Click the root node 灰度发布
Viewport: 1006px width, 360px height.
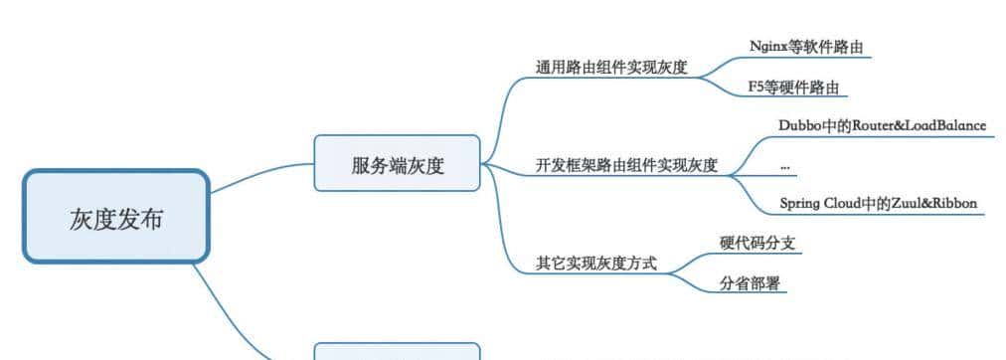click(x=116, y=217)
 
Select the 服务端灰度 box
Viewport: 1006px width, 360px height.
click(x=397, y=163)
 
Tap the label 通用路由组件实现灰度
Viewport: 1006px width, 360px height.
click(x=611, y=69)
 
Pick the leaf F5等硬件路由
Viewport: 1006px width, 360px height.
click(x=793, y=88)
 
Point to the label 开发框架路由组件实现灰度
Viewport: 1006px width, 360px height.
click(x=626, y=165)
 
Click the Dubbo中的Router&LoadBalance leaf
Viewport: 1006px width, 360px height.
click(x=883, y=125)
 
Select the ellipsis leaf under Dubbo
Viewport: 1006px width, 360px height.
click(x=785, y=165)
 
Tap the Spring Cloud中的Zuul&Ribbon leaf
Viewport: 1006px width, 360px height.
click(x=879, y=203)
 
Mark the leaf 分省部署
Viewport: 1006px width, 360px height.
click(x=750, y=284)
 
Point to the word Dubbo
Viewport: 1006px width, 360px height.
click(x=801, y=125)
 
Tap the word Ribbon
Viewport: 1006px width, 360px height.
click(x=956, y=203)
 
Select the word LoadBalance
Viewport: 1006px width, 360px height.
click(x=943, y=125)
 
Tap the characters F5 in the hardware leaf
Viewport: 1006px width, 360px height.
click(x=755, y=88)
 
